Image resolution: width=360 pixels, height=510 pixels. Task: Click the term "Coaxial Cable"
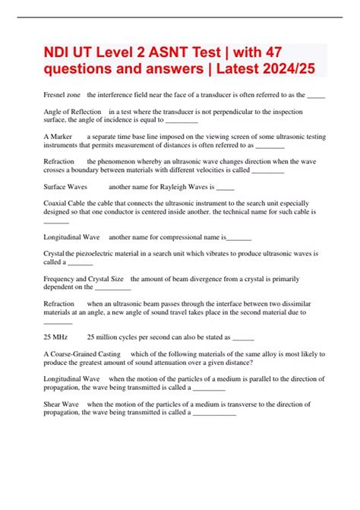67,204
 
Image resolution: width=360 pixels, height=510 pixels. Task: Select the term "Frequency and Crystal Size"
84,279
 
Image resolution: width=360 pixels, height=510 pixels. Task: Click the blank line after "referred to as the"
317,96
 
